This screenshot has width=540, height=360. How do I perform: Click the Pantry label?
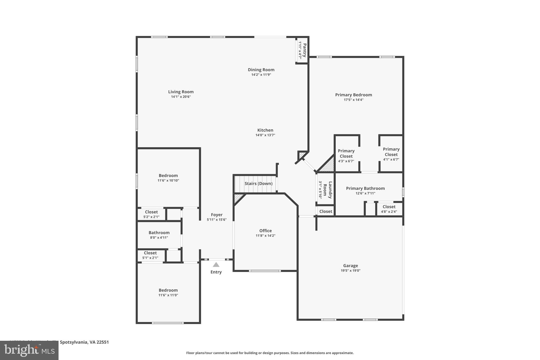305,50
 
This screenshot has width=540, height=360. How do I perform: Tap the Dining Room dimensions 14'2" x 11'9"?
261,75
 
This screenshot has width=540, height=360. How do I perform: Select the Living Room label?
181,92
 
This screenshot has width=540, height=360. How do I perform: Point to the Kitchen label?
265,130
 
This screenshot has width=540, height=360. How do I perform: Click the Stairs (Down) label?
258,184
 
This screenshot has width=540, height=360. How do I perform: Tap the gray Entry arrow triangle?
216,265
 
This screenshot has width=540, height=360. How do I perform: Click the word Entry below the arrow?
216,272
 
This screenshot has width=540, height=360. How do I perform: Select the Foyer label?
216,215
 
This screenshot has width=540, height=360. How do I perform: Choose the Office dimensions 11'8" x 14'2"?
265,236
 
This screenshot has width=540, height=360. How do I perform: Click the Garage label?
350,266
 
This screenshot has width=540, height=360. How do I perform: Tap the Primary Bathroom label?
365,188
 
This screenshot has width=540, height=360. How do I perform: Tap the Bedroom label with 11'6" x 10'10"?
168,176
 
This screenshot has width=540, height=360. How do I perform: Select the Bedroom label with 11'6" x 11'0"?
168,290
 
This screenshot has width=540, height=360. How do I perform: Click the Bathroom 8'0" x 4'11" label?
159,233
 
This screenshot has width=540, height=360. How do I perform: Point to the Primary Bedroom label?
353,95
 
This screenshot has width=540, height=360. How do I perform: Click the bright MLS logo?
29,351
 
